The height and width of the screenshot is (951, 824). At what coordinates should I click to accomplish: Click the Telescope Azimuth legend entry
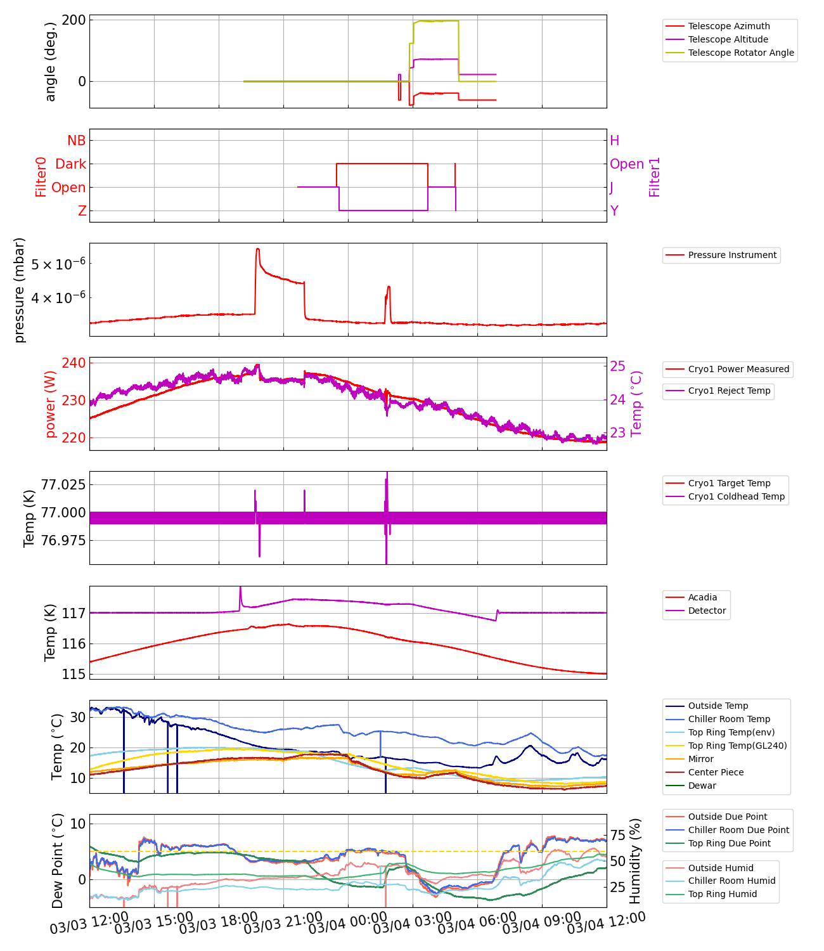click(729, 26)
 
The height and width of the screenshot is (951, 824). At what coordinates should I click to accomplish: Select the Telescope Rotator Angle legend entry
click(740, 53)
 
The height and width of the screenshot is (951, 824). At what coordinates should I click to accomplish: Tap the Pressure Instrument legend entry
click(732, 255)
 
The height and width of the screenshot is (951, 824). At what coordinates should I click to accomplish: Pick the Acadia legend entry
click(702, 597)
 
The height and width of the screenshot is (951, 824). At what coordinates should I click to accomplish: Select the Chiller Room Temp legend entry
click(729, 719)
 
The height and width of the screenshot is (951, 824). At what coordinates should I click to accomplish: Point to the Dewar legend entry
click(702, 786)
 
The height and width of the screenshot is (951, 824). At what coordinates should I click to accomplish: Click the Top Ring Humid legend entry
click(722, 894)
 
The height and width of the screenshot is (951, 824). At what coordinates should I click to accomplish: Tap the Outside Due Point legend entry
click(727, 817)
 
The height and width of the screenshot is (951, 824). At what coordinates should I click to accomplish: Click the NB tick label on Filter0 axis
click(76, 141)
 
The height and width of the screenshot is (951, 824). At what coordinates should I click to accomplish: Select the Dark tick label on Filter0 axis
click(70, 164)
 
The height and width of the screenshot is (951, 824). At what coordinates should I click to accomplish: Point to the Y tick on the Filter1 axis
click(614, 210)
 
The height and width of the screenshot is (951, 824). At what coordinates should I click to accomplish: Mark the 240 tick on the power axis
click(74, 363)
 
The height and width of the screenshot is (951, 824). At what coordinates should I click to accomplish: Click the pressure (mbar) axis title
click(20, 290)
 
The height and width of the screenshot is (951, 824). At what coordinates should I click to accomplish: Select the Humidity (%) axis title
click(635, 860)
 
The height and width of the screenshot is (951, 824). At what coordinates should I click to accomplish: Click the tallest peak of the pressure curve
click(257, 249)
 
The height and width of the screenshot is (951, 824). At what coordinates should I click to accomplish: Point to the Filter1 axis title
click(654, 177)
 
